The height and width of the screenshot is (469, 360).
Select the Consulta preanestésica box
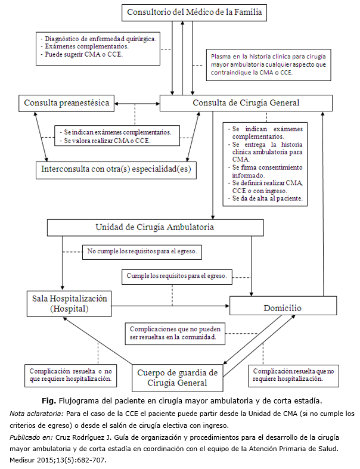pos(66,103)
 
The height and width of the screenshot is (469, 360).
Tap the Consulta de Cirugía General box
pos(246,103)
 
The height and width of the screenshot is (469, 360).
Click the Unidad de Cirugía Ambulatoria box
pos(155,227)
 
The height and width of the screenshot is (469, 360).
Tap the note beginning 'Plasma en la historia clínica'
pos(268,64)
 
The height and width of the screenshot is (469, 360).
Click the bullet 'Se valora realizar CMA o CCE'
pos(106,141)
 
